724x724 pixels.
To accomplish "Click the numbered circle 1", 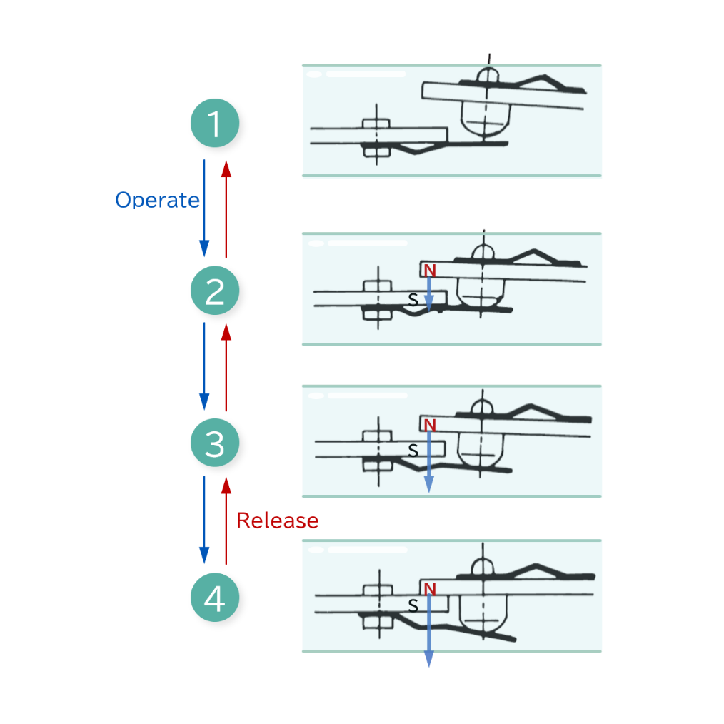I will pyautogui.click(x=214, y=124).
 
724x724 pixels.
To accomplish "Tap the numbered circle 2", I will pyautogui.click(x=214, y=291).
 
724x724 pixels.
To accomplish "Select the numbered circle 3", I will pyautogui.click(x=214, y=444).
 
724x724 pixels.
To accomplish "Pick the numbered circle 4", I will pyautogui.click(x=214, y=598).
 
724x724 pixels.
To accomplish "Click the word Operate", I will pyautogui.click(x=157, y=200).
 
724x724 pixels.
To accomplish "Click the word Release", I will pyautogui.click(x=277, y=521).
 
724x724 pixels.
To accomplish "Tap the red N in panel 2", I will pyautogui.click(x=429, y=270).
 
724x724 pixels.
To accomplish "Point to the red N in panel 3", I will pyautogui.click(x=429, y=426).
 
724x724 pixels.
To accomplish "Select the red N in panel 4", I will pyautogui.click(x=429, y=589).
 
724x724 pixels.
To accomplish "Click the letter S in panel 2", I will pyautogui.click(x=413, y=300).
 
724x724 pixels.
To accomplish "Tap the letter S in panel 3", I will pyautogui.click(x=413, y=450).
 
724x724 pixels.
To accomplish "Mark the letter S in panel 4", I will pyautogui.click(x=413, y=605).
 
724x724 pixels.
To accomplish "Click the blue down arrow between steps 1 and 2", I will pyautogui.click(x=204, y=207).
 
